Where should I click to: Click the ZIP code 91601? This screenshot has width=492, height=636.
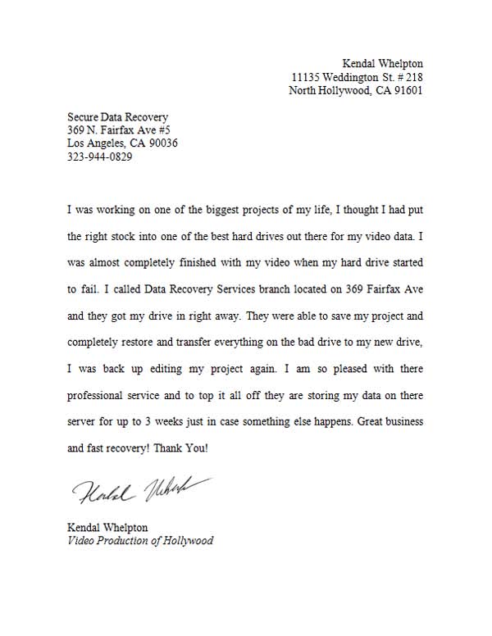click(406, 91)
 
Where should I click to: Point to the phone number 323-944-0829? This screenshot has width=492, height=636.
click(99, 157)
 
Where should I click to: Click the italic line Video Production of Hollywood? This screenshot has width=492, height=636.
click(140, 541)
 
